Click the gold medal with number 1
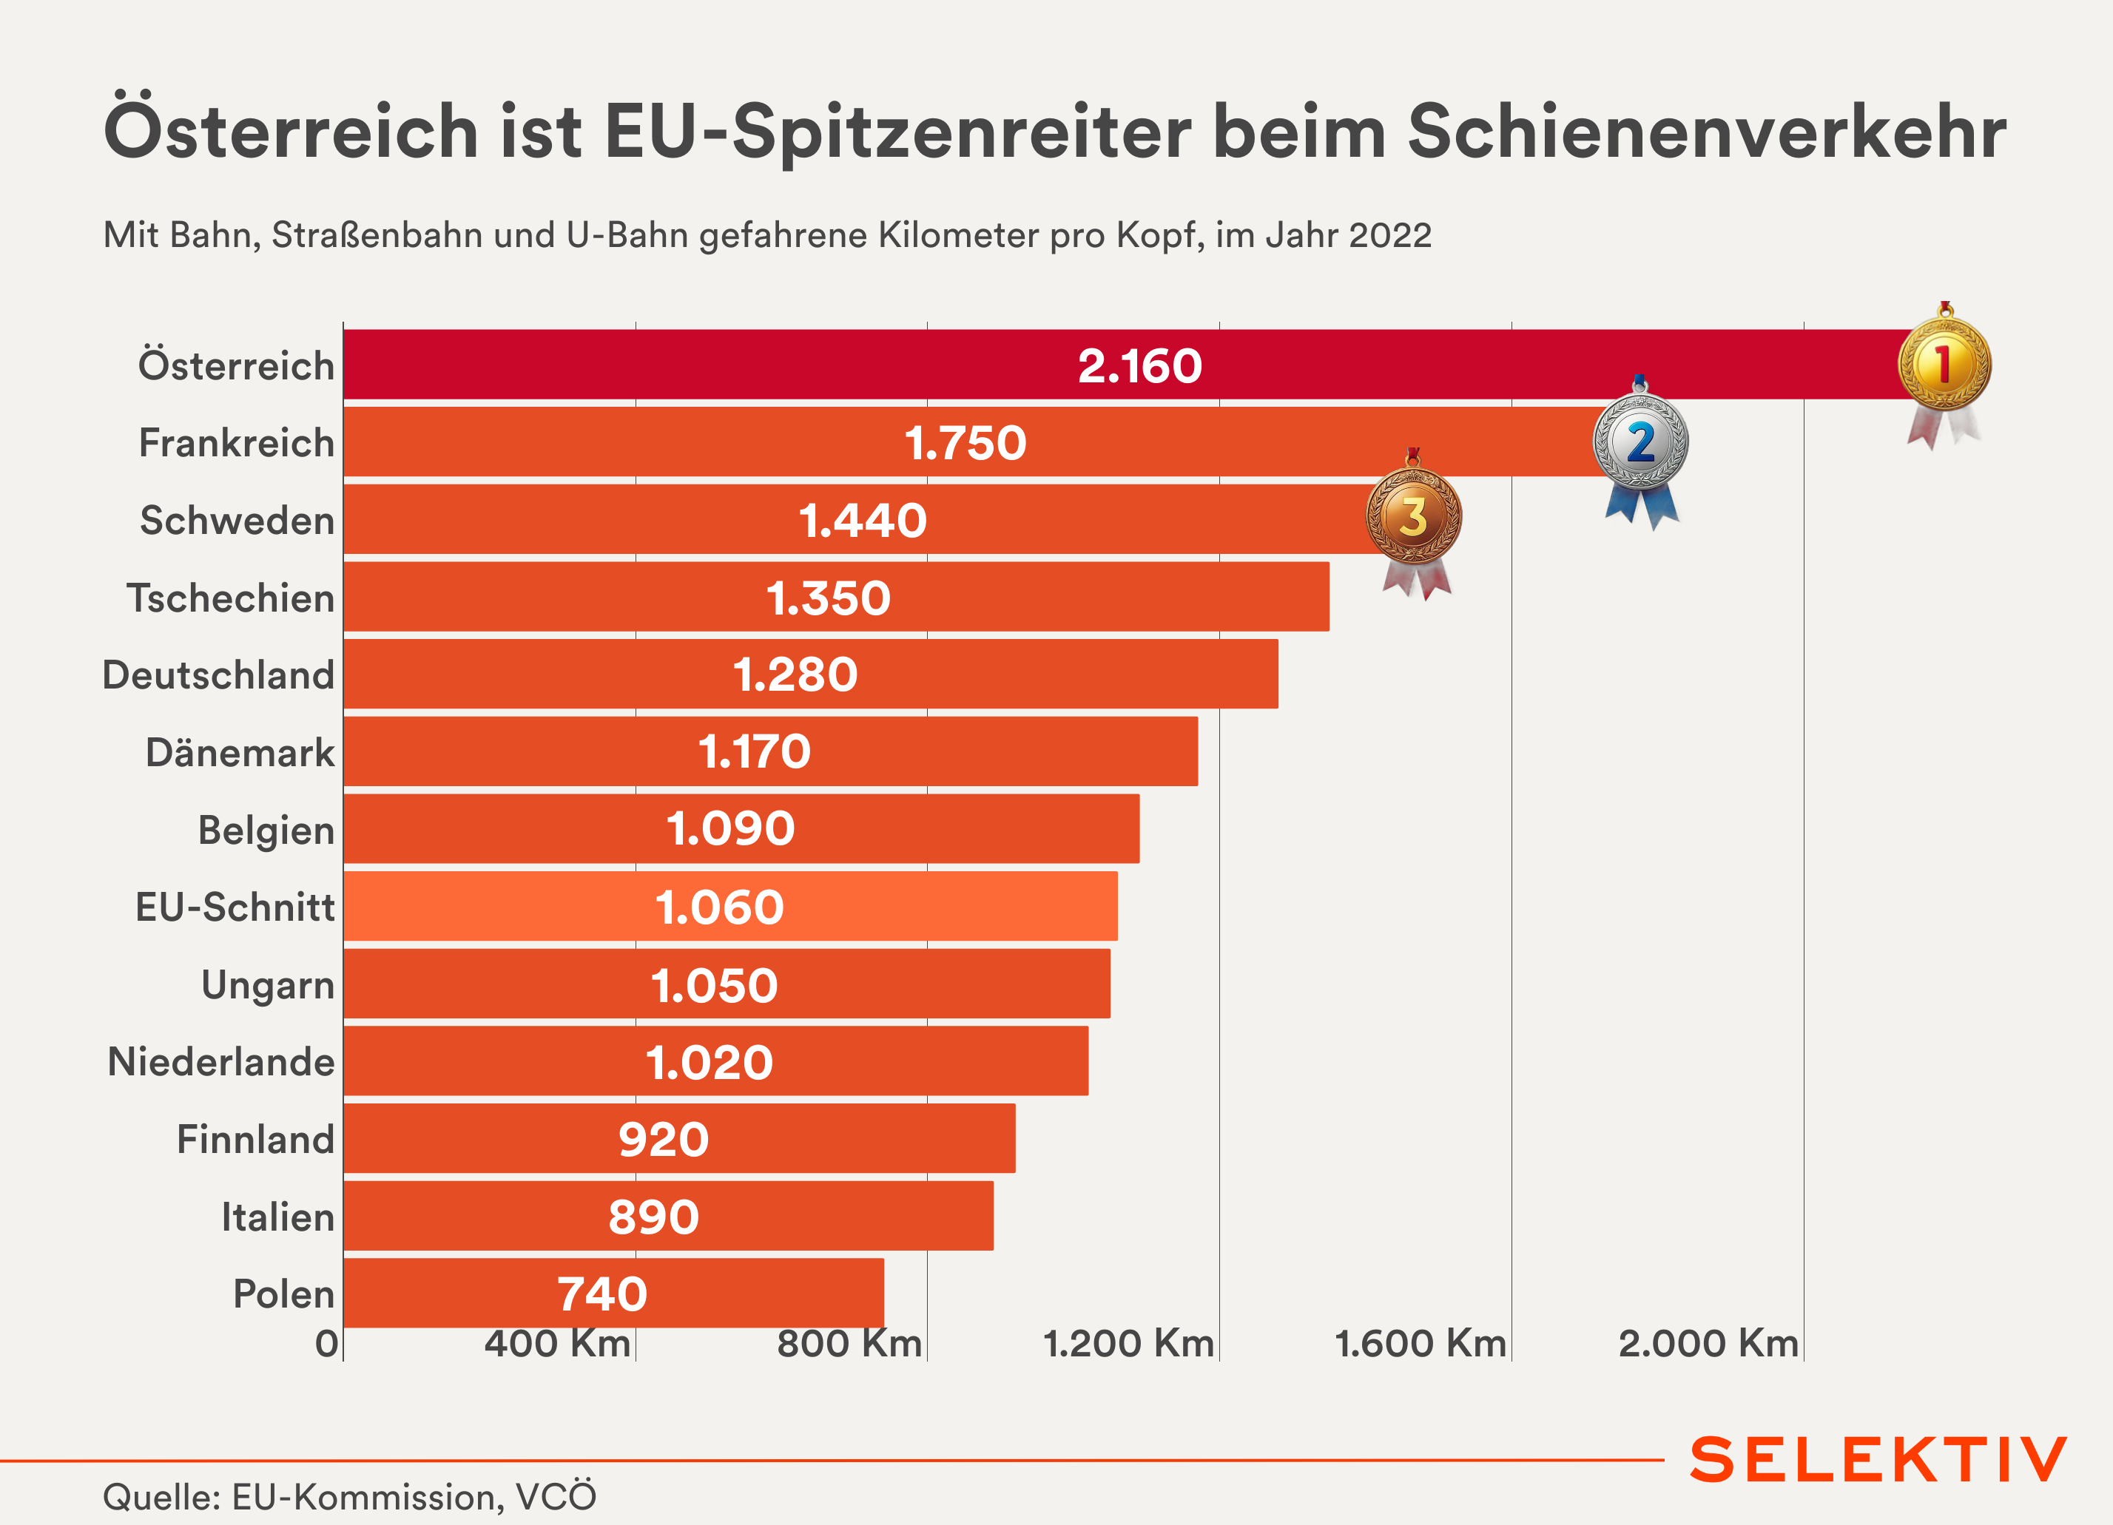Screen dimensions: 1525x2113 [x=1944, y=363]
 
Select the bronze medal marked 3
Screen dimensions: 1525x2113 [x=1413, y=516]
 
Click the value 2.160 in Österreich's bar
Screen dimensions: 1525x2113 [x=1139, y=365]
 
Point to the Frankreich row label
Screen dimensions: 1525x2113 [x=237, y=442]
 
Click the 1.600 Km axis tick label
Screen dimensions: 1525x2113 [x=1420, y=1343]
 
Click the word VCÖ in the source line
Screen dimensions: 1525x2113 [x=556, y=1497]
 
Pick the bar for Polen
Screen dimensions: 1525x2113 [x=613, y=1293]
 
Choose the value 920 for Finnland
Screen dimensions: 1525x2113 [x=664, y=1140]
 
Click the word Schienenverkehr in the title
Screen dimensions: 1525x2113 [x=1706, y=132]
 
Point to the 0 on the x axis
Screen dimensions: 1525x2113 [x=326, y=1343]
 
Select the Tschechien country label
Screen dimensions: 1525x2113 [x=230, y=597]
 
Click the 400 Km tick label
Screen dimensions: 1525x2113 [x=557, y=1343]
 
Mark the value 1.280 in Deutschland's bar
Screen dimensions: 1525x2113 [x=795, y=674]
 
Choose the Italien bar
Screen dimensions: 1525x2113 [x=667, y=1216]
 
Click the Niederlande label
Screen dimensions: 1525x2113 [x=220, y=1061]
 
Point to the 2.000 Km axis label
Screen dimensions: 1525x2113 [x=1708, y=1343]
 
